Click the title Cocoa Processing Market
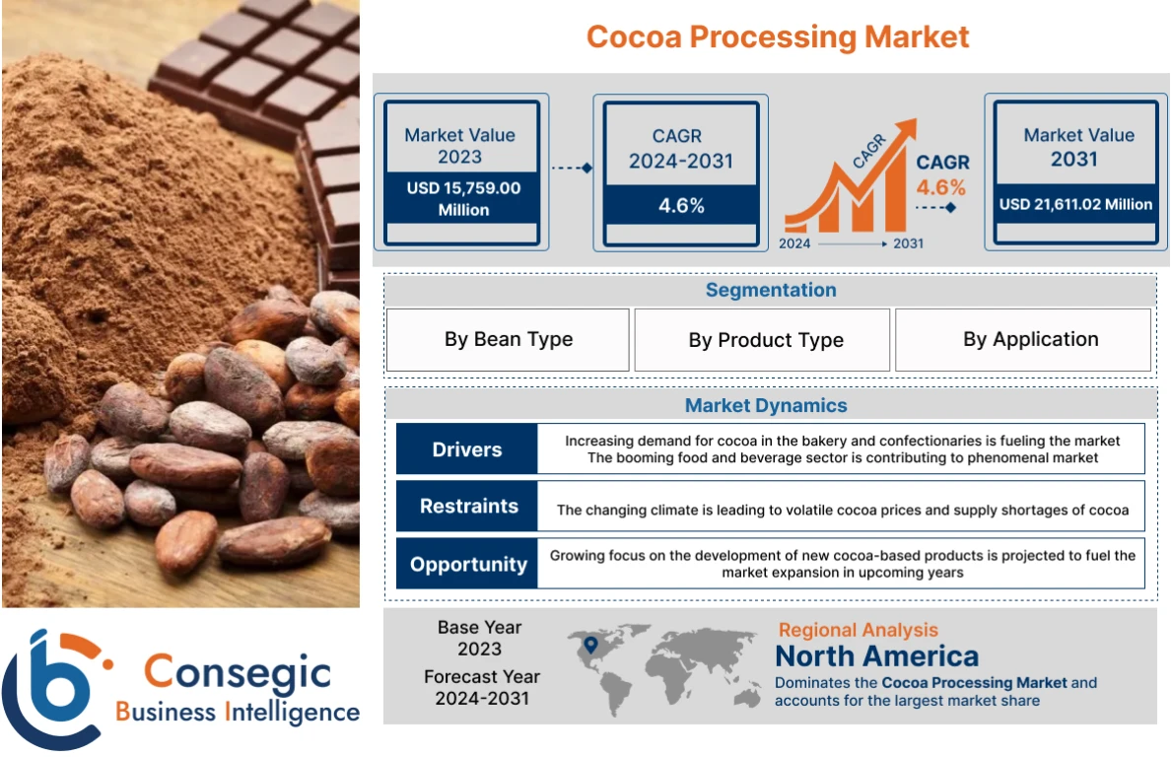tap(778, 37)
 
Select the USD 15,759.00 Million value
tap(462, 198)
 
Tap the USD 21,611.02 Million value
tap(1075, 204)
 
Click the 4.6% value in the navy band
tap(680, 206)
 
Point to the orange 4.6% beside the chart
tap(940, 187)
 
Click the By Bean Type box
tap(508, 339)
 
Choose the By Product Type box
tap(765, 340)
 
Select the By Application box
tap(1030, 339)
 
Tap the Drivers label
tap(466, 449)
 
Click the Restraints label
tap(468, 507)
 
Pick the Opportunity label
tap(468, 564)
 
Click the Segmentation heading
tap(770, 290)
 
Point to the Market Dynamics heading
tap(766, 405)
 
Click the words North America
tap(876, 656)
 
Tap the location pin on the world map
tap(590, 646)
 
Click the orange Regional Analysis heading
tap(858, 630)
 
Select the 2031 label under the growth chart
tap(908, 242)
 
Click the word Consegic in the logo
tap(237, 672)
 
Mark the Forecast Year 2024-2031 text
tap(481, 688)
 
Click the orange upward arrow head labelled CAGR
tap(903, 132)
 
